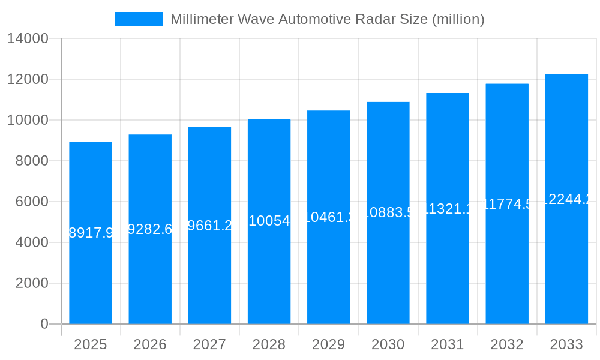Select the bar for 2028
tap(269, 270)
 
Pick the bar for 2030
tap(388, 270)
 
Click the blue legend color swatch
tap(139, 19)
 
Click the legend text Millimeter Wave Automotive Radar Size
tap(327, 19)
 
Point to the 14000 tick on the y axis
tap(27, 39)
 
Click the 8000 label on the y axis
tap(31, 161)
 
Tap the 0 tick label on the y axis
tap(44, 324)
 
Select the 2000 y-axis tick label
tap(31, 283)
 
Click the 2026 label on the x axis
tap(150, 344)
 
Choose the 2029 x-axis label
tap(328, 344)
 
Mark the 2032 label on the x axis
tap(507, 344)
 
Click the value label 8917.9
tap(91, 233)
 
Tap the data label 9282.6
tap(150, 229)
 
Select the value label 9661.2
tap(209, 225)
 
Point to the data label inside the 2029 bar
tap(328, 217)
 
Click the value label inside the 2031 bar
tap(447, 209)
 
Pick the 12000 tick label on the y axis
tap(27, 79)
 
